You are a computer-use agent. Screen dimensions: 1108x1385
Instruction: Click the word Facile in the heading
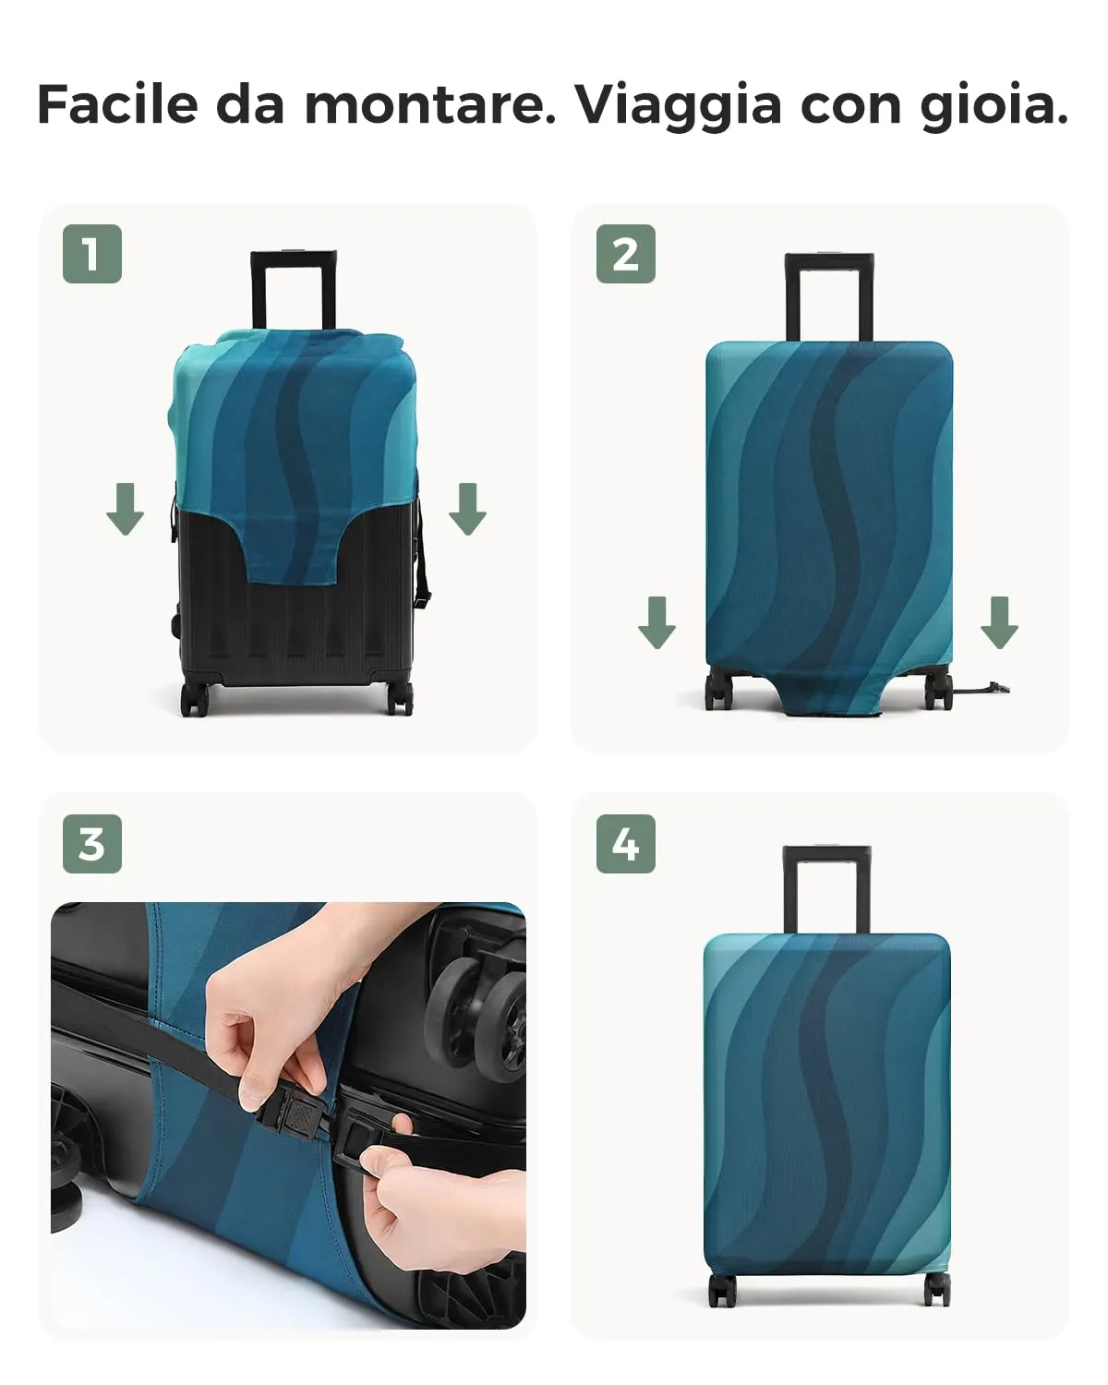(x=118, y=104)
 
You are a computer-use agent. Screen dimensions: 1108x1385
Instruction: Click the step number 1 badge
(x=92, y=254)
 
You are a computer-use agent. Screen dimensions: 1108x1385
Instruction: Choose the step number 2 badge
(x=625, y=254)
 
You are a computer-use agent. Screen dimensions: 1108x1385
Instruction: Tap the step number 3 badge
(x=92, y=844)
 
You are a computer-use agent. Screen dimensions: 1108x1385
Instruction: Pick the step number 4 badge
(x=625, y=844)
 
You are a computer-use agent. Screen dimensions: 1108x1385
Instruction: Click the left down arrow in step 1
(x=125, y=509)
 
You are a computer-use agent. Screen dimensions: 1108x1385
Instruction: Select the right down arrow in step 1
(x=467, y=509)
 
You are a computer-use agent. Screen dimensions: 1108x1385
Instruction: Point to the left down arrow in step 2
(x=656, y=622)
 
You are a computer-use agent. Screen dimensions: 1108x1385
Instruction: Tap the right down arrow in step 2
(x=999, y=622)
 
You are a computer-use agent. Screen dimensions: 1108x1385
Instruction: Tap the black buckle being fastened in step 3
(x=296, y=1115)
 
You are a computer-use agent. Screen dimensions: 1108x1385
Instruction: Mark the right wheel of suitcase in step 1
(x=399, y=698)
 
